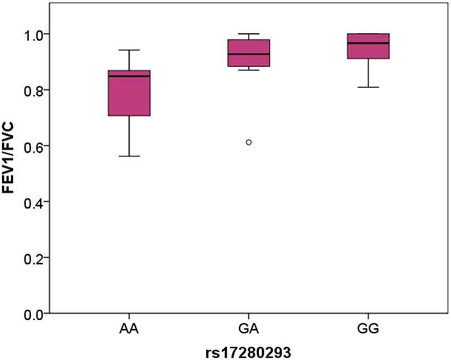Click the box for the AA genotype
point(129,95)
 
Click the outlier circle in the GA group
point(249,142)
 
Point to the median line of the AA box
point(129,76)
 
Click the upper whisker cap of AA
point(129,50)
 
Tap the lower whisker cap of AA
point(129,156)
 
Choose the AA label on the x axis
point(129,330)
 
